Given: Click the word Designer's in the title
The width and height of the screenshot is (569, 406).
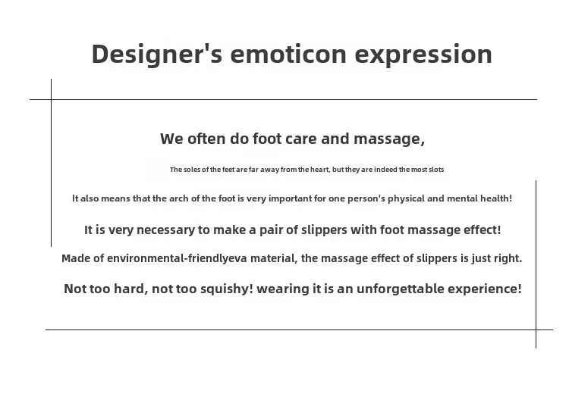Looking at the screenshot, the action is tap(157, 55).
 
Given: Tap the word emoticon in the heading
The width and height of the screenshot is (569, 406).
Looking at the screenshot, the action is tap(288, 55).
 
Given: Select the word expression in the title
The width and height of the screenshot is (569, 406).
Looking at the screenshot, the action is tap(423, 55).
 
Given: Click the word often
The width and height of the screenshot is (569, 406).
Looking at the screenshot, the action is tap(206, 139).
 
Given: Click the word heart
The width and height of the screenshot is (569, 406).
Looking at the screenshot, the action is tap(320, 170).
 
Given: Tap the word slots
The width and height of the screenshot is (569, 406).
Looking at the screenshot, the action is tap(436, 170).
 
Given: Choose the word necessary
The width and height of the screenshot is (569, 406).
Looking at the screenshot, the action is tap(165, 230).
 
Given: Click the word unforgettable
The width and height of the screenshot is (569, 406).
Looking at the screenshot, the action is tap(401, 289).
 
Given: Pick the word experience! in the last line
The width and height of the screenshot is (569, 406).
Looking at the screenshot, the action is tap(485, 289).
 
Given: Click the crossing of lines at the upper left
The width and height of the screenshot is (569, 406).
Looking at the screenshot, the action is tap(51, 99).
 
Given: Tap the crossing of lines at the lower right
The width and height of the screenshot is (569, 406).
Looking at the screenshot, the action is tap(536, 329).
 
